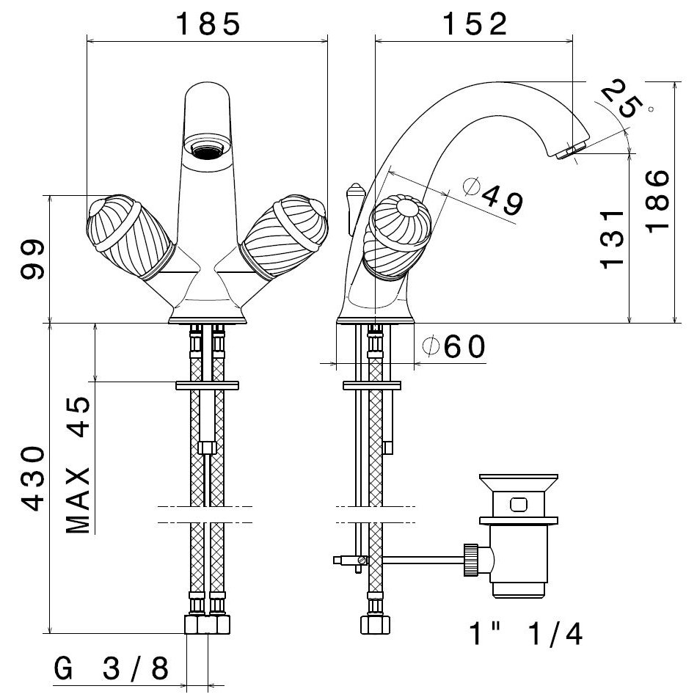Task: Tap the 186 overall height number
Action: [657, 200]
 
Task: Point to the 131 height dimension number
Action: [612, 240]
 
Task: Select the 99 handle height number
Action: [33, 259]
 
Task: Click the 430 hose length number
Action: [33, 479]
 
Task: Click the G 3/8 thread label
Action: [112, 668]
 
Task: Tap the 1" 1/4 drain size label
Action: [525, 633]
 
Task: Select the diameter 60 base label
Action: [454, 346]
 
